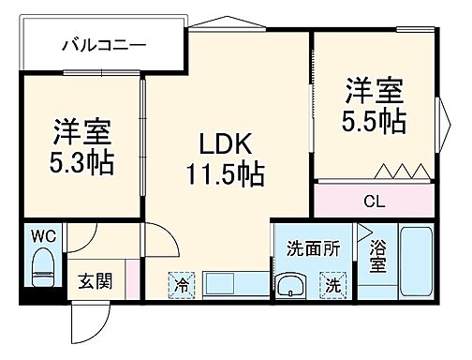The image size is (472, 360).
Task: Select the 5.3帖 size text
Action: click(81, 163)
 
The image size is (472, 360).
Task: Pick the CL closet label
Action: click(374, 201)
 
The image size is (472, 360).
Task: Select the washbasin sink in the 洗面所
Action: click(291, 285)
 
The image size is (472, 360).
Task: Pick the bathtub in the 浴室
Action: click(413, 262)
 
